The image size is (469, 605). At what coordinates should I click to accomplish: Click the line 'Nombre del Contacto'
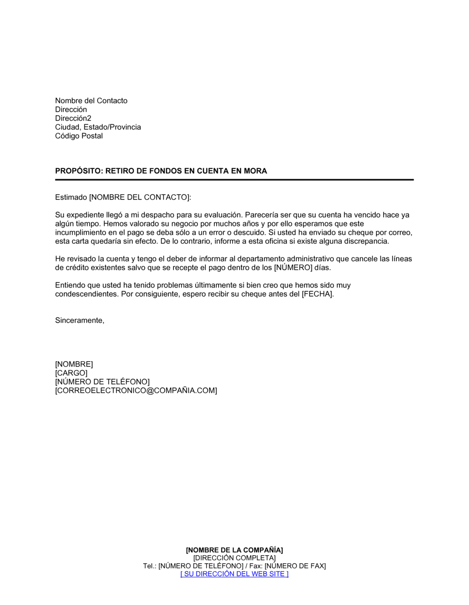91,101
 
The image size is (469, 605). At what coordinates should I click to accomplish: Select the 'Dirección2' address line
73,118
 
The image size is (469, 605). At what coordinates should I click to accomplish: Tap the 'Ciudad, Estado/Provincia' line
98,127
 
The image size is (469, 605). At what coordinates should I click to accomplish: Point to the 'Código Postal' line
79,136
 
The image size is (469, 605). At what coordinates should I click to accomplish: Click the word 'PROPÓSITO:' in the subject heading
78,171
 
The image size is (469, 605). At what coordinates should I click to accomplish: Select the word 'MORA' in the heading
255,171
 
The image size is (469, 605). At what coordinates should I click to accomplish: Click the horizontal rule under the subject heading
234,180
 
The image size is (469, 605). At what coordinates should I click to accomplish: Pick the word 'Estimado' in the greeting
71,197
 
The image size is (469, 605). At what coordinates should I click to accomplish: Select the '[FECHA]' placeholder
318,294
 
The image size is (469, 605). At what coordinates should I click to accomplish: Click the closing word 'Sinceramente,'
80,320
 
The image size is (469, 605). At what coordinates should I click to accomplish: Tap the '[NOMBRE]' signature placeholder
74,364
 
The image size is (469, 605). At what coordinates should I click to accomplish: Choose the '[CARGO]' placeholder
71,373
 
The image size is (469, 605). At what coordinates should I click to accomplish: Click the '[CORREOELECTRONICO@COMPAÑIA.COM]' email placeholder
136,391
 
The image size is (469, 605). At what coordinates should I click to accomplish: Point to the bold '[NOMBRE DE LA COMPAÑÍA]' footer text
234,550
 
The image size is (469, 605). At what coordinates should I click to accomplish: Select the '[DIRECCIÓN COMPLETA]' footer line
234,558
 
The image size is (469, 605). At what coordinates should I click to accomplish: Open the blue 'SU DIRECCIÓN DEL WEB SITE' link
234,574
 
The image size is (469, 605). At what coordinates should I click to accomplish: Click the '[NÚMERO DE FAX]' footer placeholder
295,566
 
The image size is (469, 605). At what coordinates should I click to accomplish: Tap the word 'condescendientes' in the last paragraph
86,294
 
